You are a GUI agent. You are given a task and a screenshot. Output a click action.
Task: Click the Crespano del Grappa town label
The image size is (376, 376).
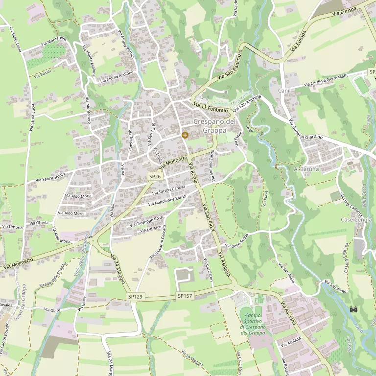point(214,126)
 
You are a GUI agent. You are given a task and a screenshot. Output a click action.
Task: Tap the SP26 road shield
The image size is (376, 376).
point(155,176)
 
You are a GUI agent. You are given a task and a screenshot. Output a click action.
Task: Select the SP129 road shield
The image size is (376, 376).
point(135,297)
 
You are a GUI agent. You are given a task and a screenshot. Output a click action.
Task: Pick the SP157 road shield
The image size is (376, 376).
point(185,296)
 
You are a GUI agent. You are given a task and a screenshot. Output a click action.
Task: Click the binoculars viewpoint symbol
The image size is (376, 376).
point(353,309)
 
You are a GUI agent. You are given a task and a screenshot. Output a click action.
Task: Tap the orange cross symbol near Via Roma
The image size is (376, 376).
point(185,135)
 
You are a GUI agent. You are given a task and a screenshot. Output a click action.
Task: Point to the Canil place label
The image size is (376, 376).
point(284,91)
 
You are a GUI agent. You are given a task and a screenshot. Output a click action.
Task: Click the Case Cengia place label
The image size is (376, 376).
point(356,220)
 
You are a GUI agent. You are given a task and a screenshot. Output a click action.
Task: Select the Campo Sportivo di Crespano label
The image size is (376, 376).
point(253,324)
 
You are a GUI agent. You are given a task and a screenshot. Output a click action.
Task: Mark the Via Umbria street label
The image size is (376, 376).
point(13,227)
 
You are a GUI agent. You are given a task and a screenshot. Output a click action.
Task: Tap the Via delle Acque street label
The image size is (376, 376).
point(237,240)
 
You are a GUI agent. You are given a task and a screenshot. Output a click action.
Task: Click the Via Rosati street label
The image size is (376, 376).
point(43,73)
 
